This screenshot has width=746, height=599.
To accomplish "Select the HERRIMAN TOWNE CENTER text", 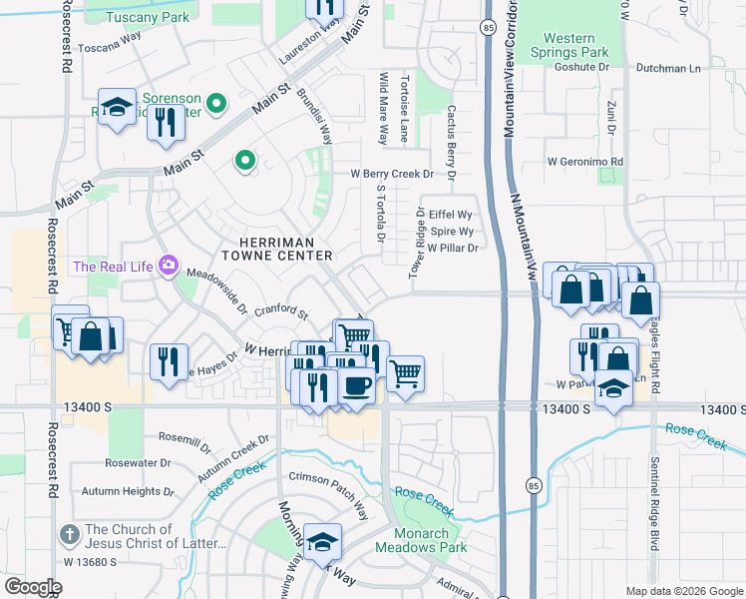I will coord(285,249).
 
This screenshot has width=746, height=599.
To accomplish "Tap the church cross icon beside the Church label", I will coord(70,535).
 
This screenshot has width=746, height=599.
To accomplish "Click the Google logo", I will coord(32,587).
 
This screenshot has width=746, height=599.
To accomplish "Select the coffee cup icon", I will coord(356,383).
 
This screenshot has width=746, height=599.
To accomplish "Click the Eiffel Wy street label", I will coord(450,215).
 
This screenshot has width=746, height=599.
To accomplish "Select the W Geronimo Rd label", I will coord(584,161).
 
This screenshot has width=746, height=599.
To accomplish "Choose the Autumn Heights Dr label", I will coord(127,491).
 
